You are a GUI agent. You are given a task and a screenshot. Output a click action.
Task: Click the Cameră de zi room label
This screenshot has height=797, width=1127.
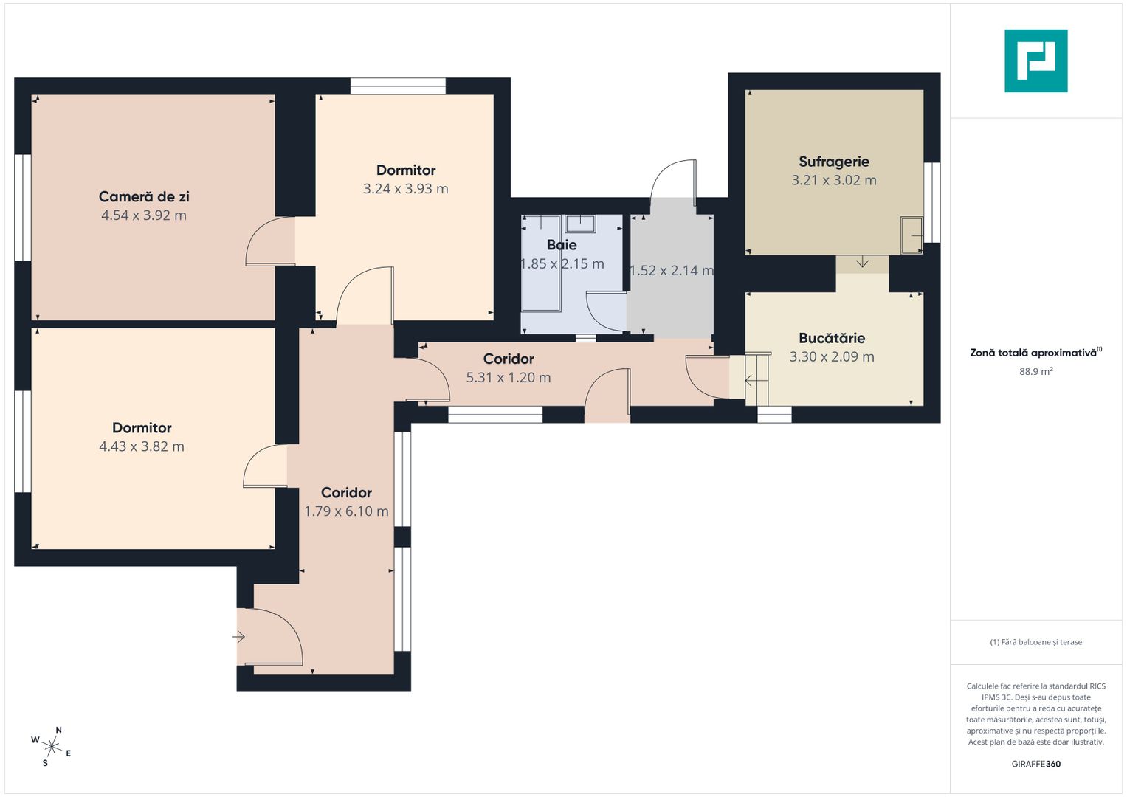(x=144, y=196)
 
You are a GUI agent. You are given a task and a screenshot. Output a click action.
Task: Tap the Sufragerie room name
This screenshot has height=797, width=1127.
(x=834, y=162)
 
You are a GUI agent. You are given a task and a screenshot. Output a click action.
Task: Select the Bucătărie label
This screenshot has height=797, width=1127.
(x=832, y=338)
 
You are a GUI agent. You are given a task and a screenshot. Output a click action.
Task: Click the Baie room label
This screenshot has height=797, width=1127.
(x=562, y=245)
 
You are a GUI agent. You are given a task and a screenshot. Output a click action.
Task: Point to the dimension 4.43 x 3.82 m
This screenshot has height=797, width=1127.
(x=142, y=446)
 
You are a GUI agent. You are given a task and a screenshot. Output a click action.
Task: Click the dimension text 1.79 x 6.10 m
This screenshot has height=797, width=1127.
(x=346, y=511)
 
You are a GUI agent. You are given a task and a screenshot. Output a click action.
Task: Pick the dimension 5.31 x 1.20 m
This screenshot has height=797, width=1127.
(x=509, y=377)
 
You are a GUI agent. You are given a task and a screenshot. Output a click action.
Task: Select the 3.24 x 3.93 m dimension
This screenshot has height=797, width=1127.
(x=405, y=189)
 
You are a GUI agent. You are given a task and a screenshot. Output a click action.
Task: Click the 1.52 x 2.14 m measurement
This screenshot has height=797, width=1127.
(x=672, y=271)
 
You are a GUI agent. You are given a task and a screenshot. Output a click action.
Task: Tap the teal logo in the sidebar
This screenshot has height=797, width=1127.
(x=1036, y=61)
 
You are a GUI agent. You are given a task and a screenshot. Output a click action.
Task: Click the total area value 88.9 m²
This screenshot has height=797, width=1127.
(x=1036, y=371)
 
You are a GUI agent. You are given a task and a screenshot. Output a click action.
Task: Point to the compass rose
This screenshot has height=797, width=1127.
(x=52, y=747)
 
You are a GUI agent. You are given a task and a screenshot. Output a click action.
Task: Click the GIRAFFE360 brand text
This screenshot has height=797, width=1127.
(x=1036, y=764)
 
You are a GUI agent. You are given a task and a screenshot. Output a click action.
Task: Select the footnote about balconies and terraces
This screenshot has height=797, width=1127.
(x=1036, y=642)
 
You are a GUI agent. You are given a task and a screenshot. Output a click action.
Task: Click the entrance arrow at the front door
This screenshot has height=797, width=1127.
(x=238, y=637)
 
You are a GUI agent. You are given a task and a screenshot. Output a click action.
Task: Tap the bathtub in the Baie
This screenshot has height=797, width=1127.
(x=542, y=263)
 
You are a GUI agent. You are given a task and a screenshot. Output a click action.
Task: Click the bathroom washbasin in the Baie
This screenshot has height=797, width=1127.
(x=580, y=224)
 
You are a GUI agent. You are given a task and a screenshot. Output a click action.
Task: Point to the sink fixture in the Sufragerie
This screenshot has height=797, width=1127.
(x=911, y=235)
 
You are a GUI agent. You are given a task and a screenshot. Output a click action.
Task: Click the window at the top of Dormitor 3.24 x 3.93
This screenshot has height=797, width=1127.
(x=398, y=86)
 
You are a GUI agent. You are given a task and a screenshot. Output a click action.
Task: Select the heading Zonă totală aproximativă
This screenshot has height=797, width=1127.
(x=1036, y=353)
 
